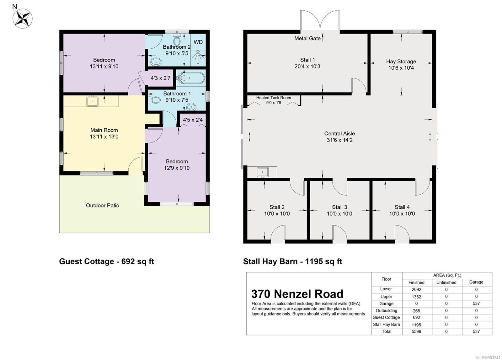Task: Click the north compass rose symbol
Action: pyautogui.click(x=22, y=19)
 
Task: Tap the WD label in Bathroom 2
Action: pyautogui.click(x=198, y=42)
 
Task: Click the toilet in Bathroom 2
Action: pyautogui.click(x=177, y=40)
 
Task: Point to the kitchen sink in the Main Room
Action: pyautogui.click(x=92, y=101)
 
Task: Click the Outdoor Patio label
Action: pyautogui.click(x=102, y=205)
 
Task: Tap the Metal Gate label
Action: pyautogui.click(x=307, y=38)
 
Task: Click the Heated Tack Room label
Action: pyautogui.click(x=274, y=98)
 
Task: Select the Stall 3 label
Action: pyautogui.click(x=339, y=207)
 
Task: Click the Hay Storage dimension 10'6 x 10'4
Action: pyautogui.click(x=401, y=68)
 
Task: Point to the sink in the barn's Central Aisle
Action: pyautogui.click(x=263, y=172)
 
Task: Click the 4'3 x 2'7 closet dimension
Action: pyautogui.click(x=160, y=78)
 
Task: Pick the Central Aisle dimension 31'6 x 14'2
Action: pyautogui.click(x=339, y=140)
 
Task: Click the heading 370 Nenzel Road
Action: pyautogui.click(x=297, y=294)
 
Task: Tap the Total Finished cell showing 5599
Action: pyautogui.click(x=416, y=331)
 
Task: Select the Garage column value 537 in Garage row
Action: pyautogui.click(x=476, y=304)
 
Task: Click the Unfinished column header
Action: pyautogui.click(x=446, y=282)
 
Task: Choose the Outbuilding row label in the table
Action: pyautogui.click(x=386, y=311)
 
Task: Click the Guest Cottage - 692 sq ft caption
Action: pyautogui.click(x=106, y=261)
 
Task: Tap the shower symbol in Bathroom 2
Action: pyautogui.click(x=198, y=57)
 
